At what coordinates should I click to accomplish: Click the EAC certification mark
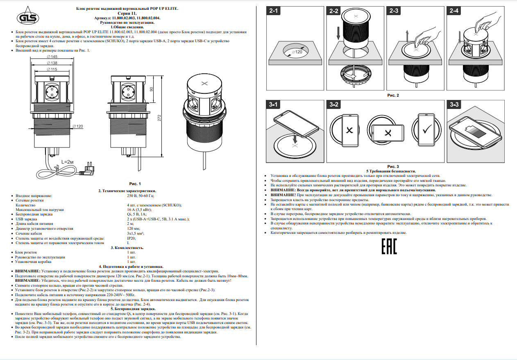coord(389,247)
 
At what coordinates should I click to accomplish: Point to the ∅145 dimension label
coord(52,57)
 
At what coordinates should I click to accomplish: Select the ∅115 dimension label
coord(52,69)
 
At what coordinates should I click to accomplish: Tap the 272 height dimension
coord(159,118)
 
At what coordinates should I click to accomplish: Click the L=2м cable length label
coord(68,162)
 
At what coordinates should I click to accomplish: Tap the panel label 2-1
coord(274,11)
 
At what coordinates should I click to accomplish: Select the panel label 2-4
coord(454,11)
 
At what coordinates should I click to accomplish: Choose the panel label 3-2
coord(334,104)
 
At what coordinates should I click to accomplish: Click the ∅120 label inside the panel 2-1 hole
coord(297,52)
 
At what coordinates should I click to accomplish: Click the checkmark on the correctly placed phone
coord(427,129)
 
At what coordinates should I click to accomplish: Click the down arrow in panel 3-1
coord(295,138)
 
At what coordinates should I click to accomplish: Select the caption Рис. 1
coord(135,184)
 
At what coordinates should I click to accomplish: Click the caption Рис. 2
coord(393,95)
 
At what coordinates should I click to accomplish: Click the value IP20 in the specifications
coord(132,238)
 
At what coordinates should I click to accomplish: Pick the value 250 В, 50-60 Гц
coord(141,196)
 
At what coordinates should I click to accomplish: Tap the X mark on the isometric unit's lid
coord(204,83)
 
